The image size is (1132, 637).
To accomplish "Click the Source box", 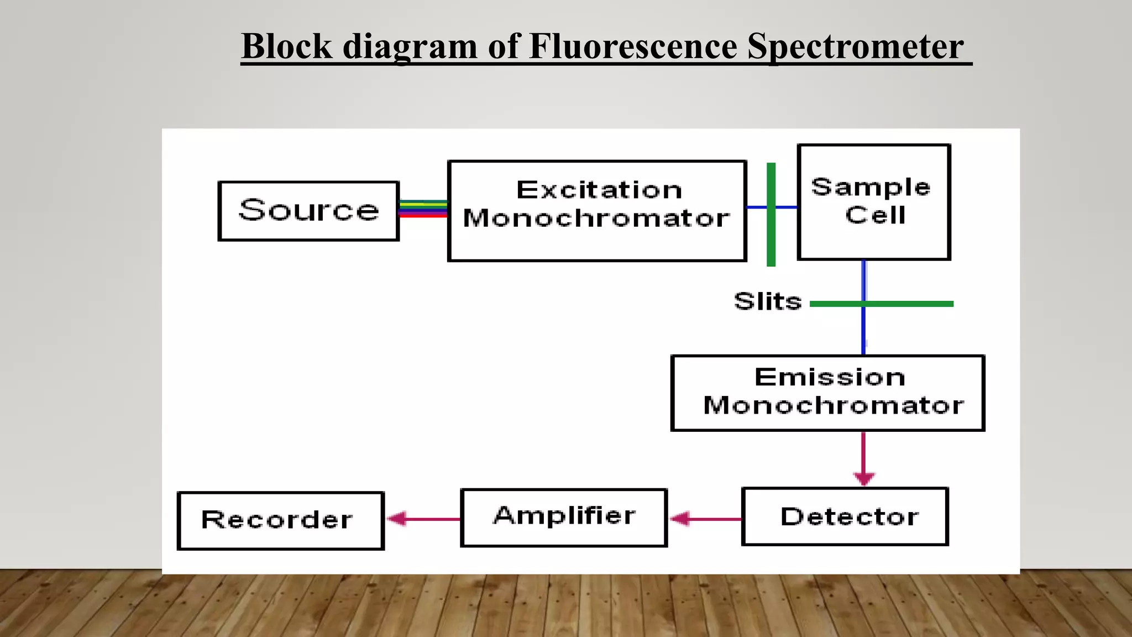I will point(308,211).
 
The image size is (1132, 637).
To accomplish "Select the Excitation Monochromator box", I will point(597,210).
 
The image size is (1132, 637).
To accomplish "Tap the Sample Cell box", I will point(874,202).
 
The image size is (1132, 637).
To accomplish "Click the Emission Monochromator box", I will point(827,393).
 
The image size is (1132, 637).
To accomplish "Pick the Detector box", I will point(845,516).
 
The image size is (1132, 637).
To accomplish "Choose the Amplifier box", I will point(564,518).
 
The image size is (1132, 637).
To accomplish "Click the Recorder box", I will point(280,520).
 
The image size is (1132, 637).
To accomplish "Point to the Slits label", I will point(768,302).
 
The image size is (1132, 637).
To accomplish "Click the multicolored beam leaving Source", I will point(423,208).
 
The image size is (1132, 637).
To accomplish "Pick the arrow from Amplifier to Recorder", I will point(423,519).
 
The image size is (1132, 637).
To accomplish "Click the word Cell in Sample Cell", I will point(876,215).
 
